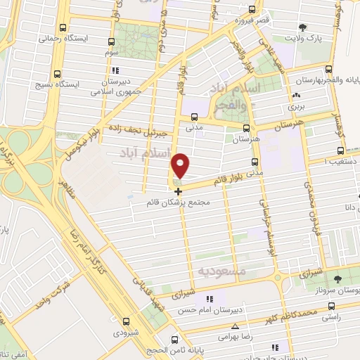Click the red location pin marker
coord(181,166)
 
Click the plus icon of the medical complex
coord(178,191)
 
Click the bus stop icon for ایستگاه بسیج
coord(56,74)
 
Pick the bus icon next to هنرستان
coord(246,129)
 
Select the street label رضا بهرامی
coord(219,337)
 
